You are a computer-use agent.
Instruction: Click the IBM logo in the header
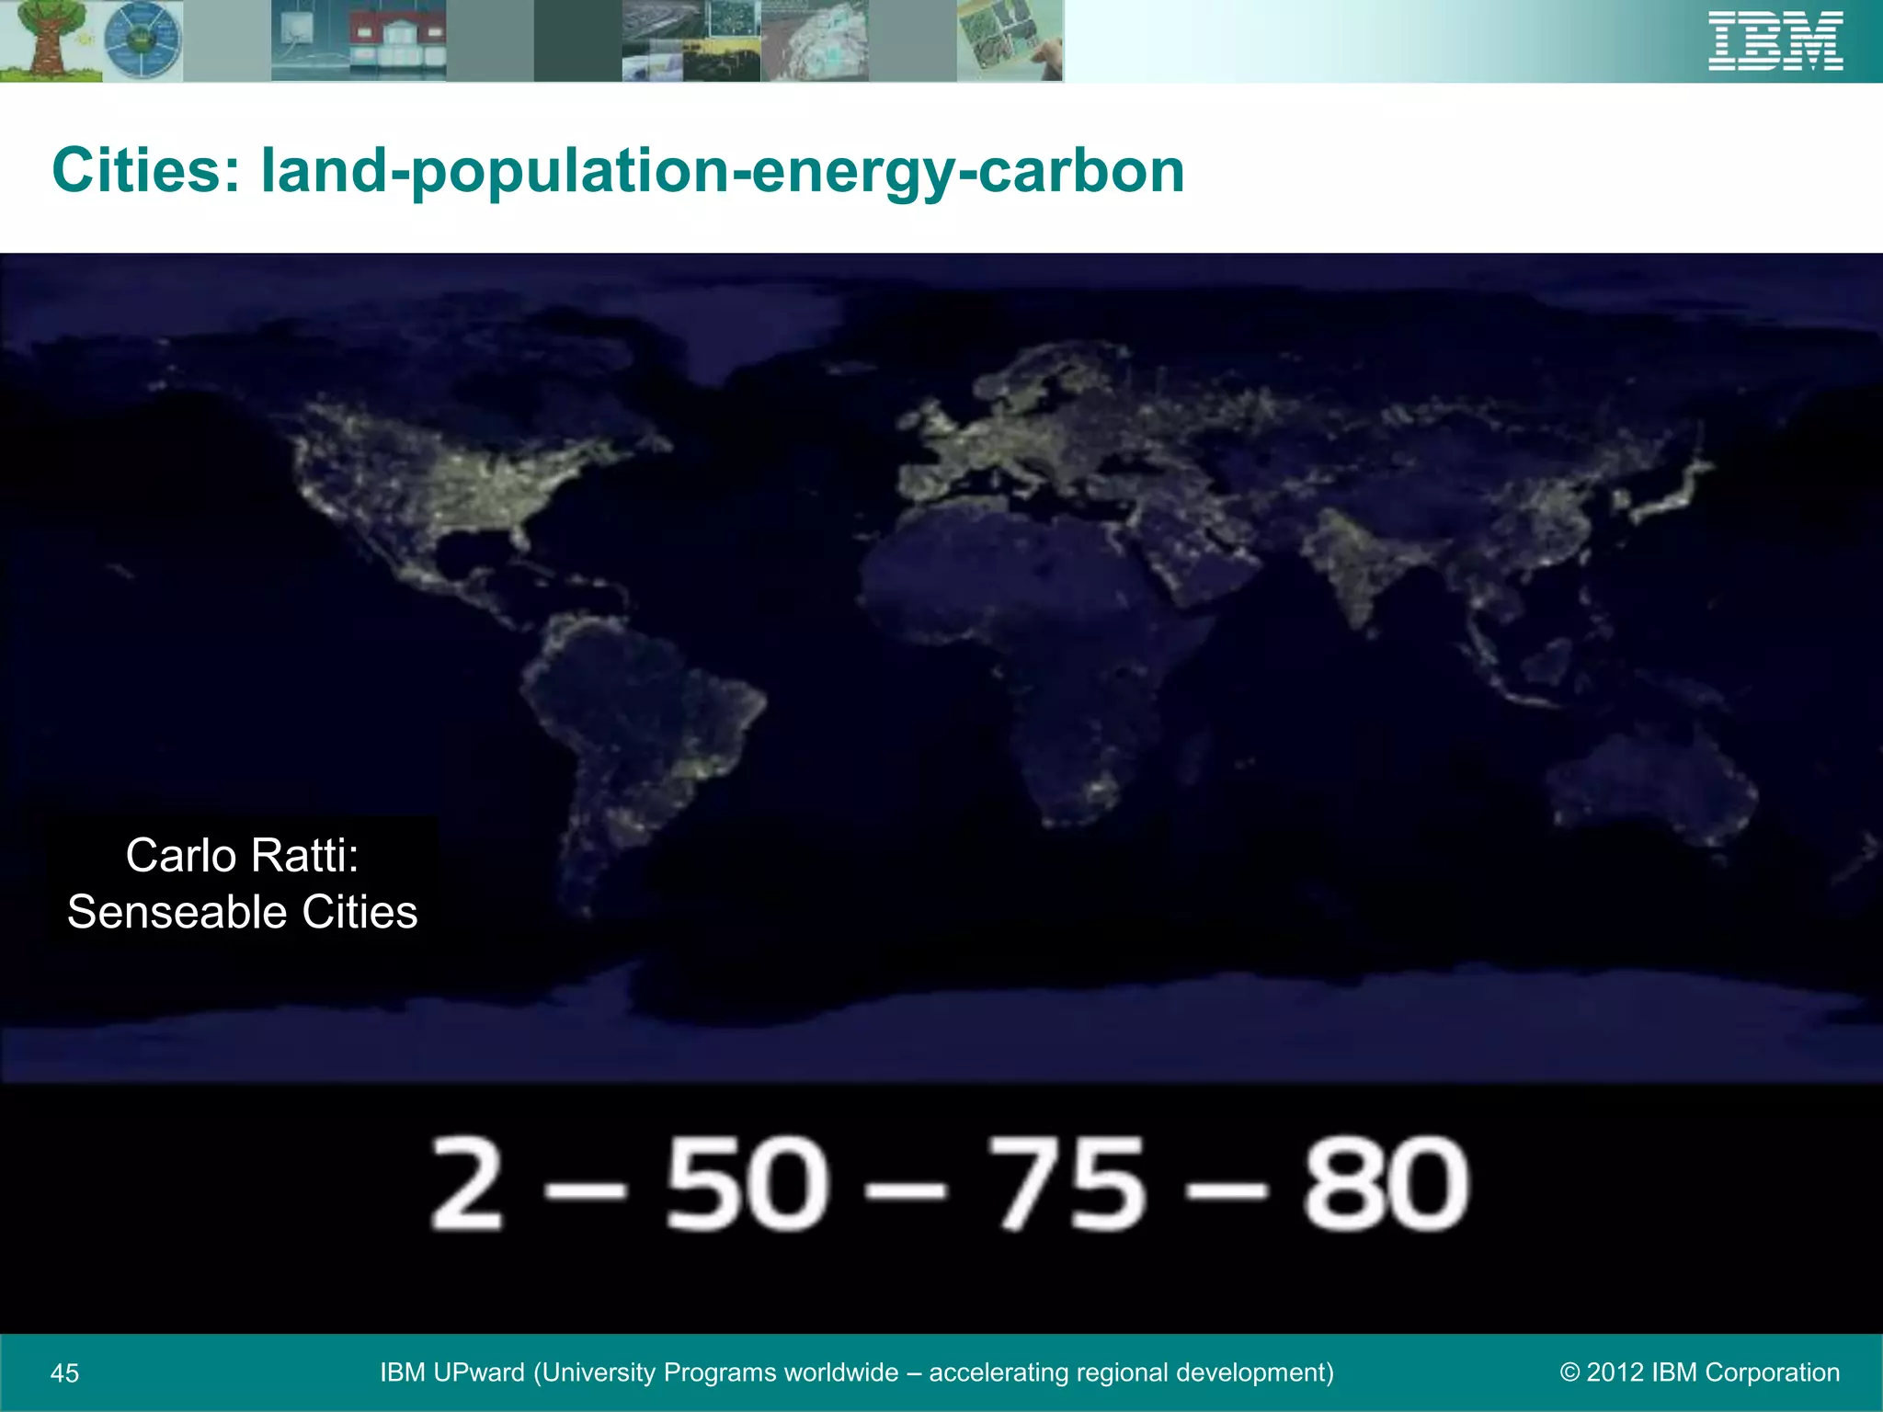pyautogui.click(x=1775, y=41)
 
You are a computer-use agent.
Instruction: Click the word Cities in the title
pyautogui.click(x=146, y=171)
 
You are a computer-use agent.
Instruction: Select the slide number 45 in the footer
pyautogui.click(x=64, y=1373)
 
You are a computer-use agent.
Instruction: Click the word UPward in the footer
pyautogui.click(x=479, y=1372)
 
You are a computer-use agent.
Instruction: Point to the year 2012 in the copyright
pyautogui.click(x=1615, y=1372)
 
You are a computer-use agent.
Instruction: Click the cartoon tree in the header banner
pyautogui.click(x=46, y=40)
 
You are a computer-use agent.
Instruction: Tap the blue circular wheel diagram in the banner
pyautogui.click(x=143, y=40)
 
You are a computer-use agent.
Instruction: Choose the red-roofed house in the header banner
pyautogui.click(x=397, y=41)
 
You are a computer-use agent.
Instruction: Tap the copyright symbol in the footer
pyautogui.click(x=1569, y=1372)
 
